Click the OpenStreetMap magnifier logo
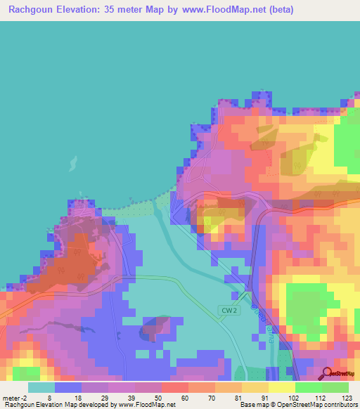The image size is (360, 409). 328,373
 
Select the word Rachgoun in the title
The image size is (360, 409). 31,10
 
